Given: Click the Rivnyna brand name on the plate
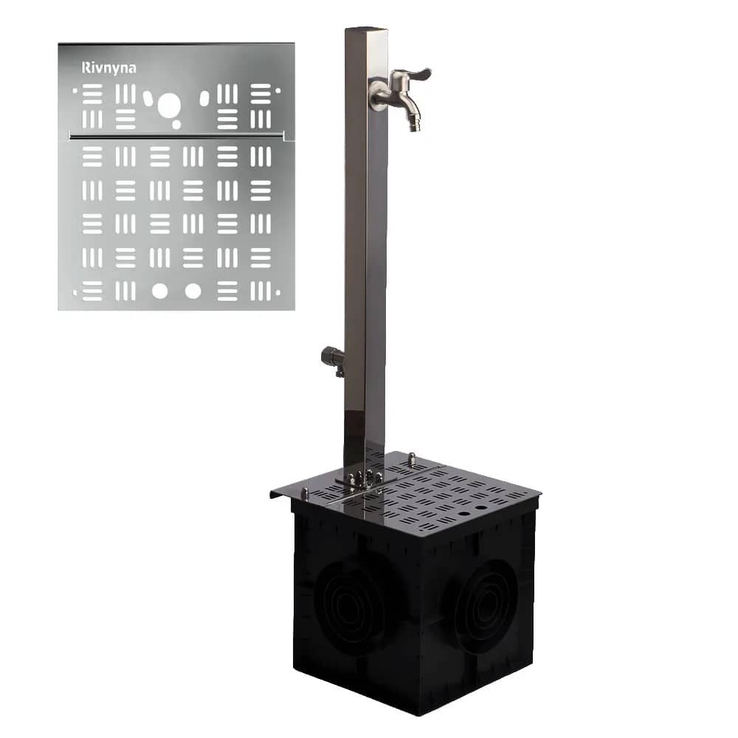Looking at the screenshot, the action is coord(108,68).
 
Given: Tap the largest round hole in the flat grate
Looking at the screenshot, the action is coord(168,106).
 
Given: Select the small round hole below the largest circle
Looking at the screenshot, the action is coord(176,124).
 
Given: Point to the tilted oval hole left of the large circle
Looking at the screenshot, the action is coord(148,98).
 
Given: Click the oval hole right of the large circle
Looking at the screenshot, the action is coord(204,98).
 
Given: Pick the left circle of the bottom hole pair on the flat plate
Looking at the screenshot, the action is coord(160,292).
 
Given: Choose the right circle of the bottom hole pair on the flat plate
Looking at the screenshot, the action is coord(193,292).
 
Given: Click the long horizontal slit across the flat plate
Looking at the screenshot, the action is coord(176,137).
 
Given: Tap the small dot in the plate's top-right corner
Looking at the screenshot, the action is coord(277,90).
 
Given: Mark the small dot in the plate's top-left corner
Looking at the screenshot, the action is coord(75,90).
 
